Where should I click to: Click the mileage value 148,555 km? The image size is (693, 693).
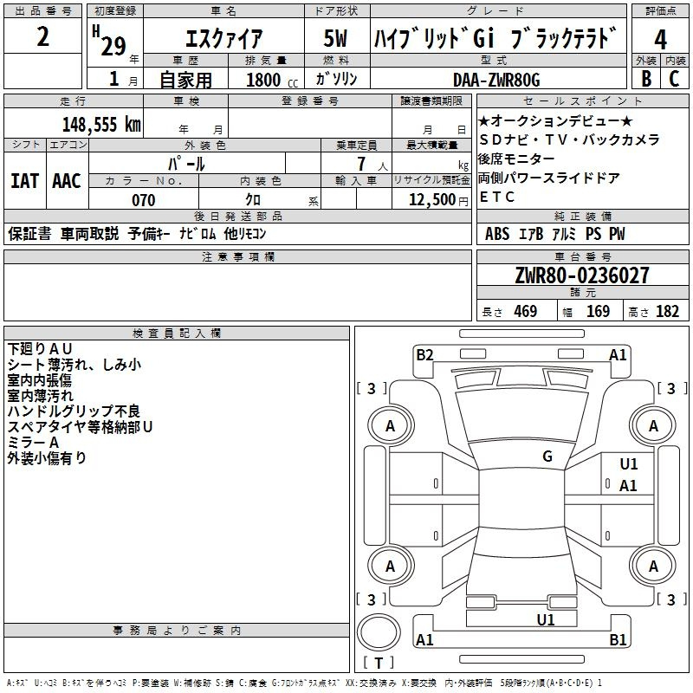[101, 125]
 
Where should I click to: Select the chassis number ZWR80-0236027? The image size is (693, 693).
[582, 275]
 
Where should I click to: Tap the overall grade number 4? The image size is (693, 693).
[660, 40]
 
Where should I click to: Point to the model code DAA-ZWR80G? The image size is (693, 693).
[496, 80]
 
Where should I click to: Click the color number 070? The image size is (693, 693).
[144, 200]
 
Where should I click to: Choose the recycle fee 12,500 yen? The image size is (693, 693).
[438, 200]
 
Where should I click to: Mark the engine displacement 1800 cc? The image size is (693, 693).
[272, 80]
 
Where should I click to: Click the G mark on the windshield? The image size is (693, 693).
[547, 457]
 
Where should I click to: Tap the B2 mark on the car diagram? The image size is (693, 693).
[424, 355]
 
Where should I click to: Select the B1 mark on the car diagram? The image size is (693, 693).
[618, 639]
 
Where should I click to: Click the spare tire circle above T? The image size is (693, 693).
[379, 632]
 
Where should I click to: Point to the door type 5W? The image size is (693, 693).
[335, 38]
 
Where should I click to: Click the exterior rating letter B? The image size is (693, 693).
[646, 79]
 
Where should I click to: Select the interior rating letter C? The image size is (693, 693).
[674, 79]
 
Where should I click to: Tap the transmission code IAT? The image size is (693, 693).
[25, 181]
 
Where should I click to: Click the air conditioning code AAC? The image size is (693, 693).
[67, 181]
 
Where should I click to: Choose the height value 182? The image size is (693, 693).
[667, 311]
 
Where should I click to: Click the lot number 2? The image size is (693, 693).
[42, 36]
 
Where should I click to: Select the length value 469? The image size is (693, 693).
[526, 311]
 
